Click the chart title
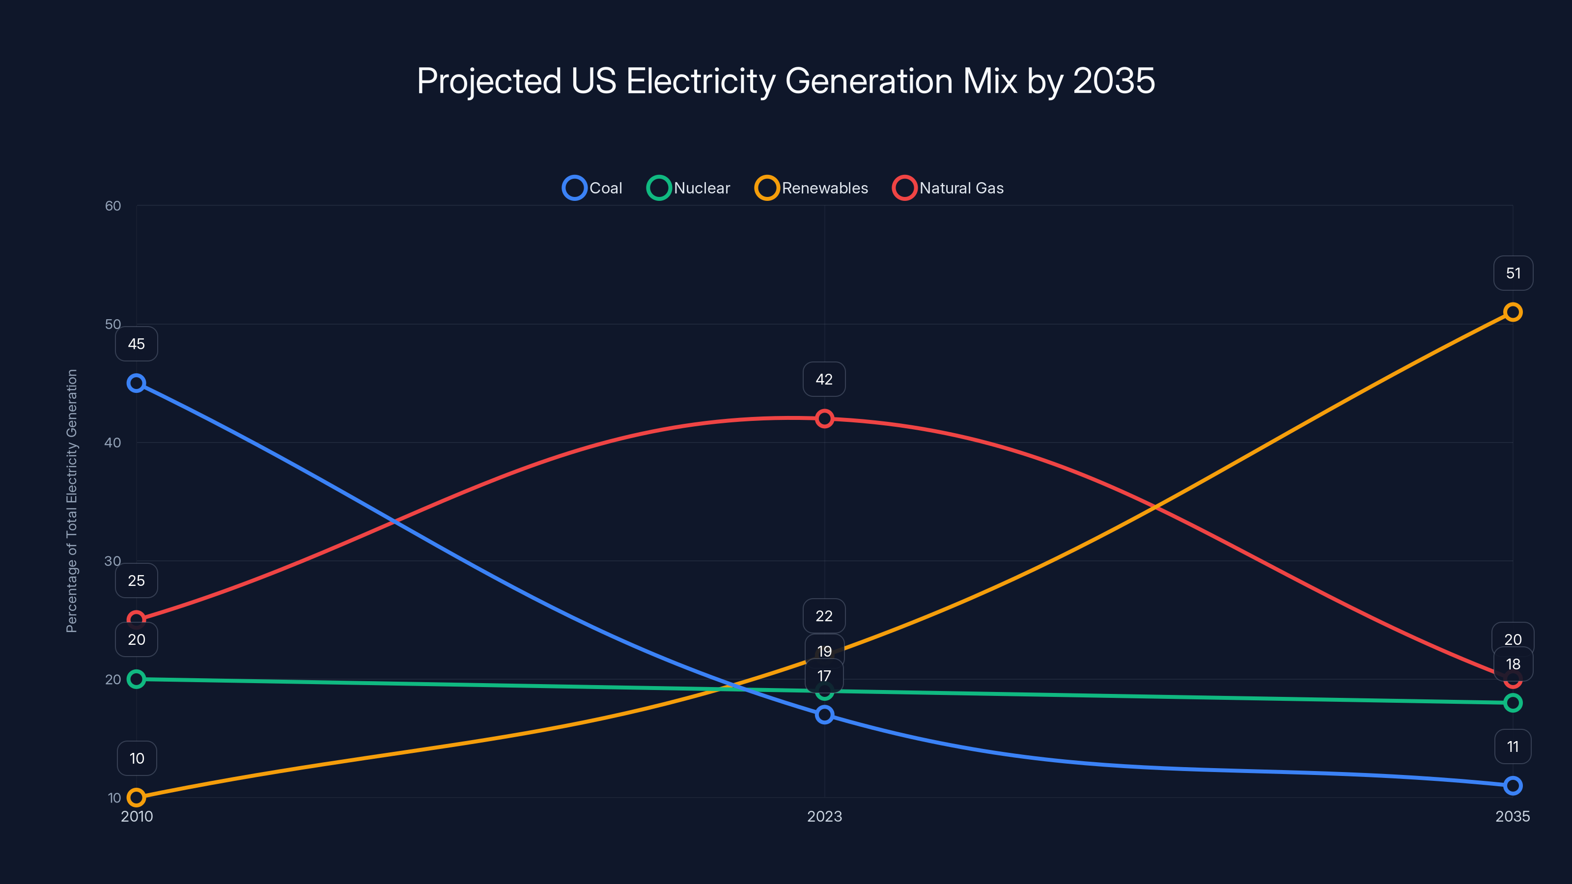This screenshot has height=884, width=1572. pos(786,81)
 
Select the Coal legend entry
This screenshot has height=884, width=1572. pos(592,188)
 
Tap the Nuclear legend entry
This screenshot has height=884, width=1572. pos(688,188)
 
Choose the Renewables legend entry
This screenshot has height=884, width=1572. pos(812,188)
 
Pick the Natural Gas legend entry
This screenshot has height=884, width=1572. pos(948,188)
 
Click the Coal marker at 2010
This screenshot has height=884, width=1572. pos(136,383)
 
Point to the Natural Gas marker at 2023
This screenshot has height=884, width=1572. pos(824,418)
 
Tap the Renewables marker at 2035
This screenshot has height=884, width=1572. pos(1512,312)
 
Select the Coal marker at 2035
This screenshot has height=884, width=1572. pos(1512,786)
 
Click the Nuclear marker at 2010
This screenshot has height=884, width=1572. pos(136,679)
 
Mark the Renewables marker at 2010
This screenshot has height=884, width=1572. pos(136,798)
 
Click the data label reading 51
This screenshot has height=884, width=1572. pos(1513,274)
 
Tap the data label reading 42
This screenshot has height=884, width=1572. pos(824,380)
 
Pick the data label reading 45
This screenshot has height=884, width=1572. pos(136,344)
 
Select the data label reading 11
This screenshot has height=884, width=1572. pos(1512,746)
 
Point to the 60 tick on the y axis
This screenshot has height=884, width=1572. pos(113,206)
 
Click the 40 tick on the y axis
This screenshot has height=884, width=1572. pos(113,442)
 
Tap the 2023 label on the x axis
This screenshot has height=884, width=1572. pos(824,816)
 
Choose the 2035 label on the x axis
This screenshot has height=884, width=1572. pos(1512,816)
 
